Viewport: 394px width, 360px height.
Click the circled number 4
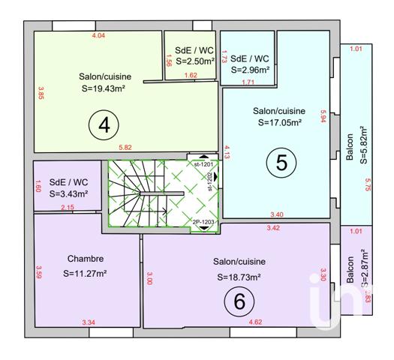point(104,127)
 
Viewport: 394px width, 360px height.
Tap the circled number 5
point(281,163)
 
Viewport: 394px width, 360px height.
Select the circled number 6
point(239,301)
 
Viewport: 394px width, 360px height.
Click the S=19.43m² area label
point(103,88)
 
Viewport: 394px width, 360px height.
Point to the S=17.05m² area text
point(279,122)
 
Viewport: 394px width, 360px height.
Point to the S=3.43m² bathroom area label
point(69,193)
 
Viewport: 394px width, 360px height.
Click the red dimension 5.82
point(125,148)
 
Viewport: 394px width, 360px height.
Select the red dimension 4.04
point(98,35)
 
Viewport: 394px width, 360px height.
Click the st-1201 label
point(203,163)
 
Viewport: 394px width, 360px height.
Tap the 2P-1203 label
point(203,223)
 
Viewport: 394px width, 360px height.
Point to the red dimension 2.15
point(67,207)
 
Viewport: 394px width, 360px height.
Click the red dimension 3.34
point(89,322)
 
